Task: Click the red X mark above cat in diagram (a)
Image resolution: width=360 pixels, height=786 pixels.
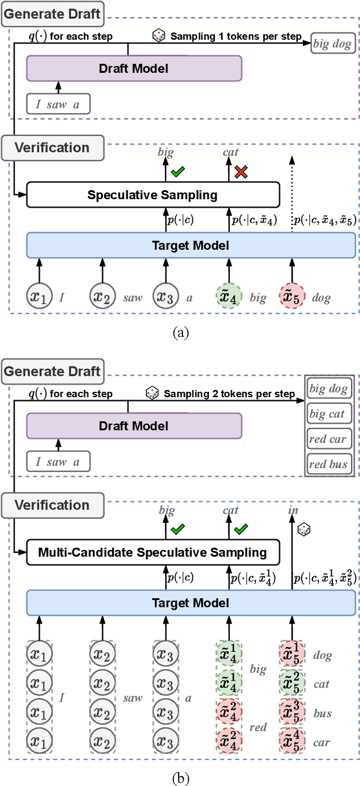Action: [x=241, y=173]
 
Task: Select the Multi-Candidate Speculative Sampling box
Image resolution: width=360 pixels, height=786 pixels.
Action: [x=153, y=552]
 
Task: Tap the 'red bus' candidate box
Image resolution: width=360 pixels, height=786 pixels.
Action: [x=328, y=464]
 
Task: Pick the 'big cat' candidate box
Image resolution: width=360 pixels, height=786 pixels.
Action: [x=328, y=414]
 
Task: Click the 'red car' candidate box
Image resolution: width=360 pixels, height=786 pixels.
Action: [x=328, y=439]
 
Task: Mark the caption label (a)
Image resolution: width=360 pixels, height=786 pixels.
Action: [x=180, y=332]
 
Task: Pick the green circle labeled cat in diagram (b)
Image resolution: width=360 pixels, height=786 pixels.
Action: [x=291, y=684]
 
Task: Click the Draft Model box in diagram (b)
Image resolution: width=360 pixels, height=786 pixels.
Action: [x=134, y=426]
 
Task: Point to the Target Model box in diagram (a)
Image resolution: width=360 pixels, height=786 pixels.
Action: [x=191, y=245]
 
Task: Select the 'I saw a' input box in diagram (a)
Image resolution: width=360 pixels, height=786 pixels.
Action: [x=58, y=105]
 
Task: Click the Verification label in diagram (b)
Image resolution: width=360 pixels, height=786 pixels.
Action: [x=52, y=505]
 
